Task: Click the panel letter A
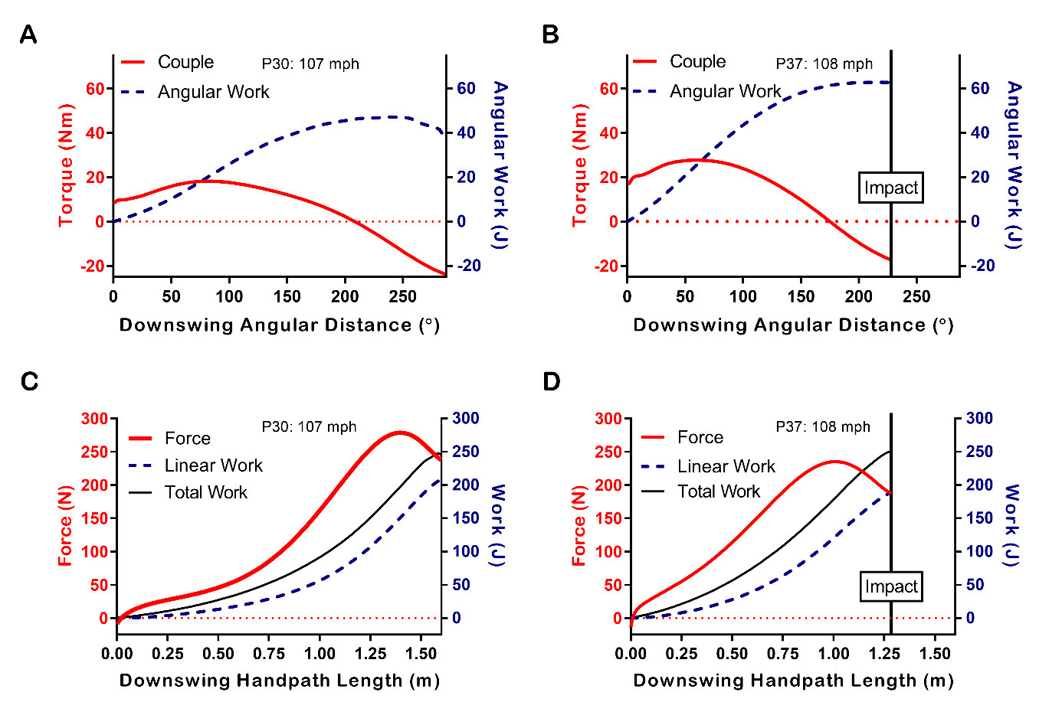coord(28,35)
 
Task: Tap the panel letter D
coord(551,381)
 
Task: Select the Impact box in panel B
coord(890,188)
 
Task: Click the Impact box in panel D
coord(890,586)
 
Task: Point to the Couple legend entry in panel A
coord(185,62)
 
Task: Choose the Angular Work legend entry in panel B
coord(724,91)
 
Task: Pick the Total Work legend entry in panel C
coord(205,492)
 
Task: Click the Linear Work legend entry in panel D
coord(726,466)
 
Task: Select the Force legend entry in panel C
coord(187,438)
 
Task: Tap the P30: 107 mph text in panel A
coord(310,64)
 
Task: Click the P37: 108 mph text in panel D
coord(823,426)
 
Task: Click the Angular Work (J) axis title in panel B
coord(1014,165)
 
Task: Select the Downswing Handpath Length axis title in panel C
coord(280,681)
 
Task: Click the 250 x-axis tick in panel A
coord(403,296)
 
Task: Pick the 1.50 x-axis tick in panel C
coord(421,653)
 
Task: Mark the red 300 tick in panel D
coord(608,418)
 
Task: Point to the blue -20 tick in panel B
coord(979,266)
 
